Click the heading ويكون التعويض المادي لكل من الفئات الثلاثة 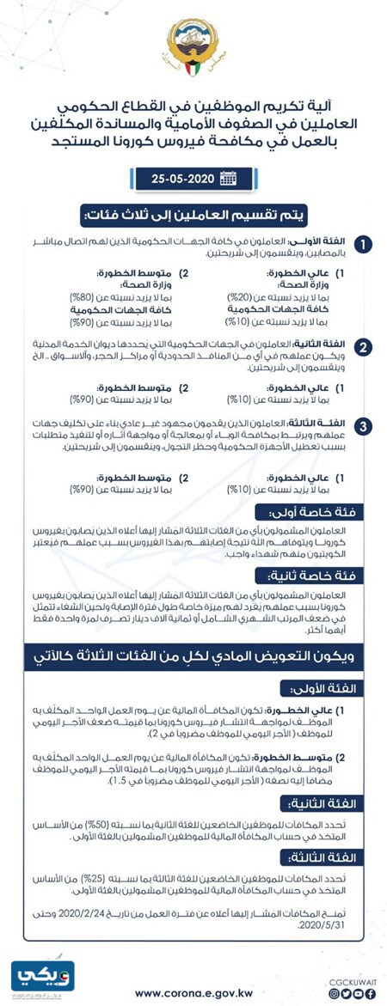tap(193, 655)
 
